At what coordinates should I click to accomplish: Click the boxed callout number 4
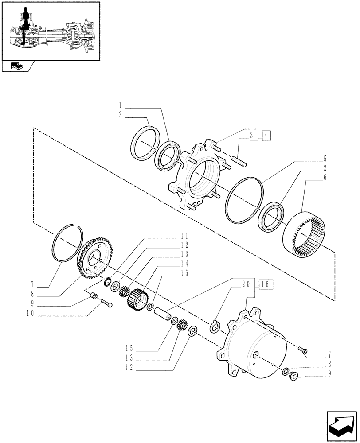coord(265,136)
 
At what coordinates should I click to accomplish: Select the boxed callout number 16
coord(266,284)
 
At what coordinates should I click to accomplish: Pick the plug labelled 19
coord(293,377)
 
